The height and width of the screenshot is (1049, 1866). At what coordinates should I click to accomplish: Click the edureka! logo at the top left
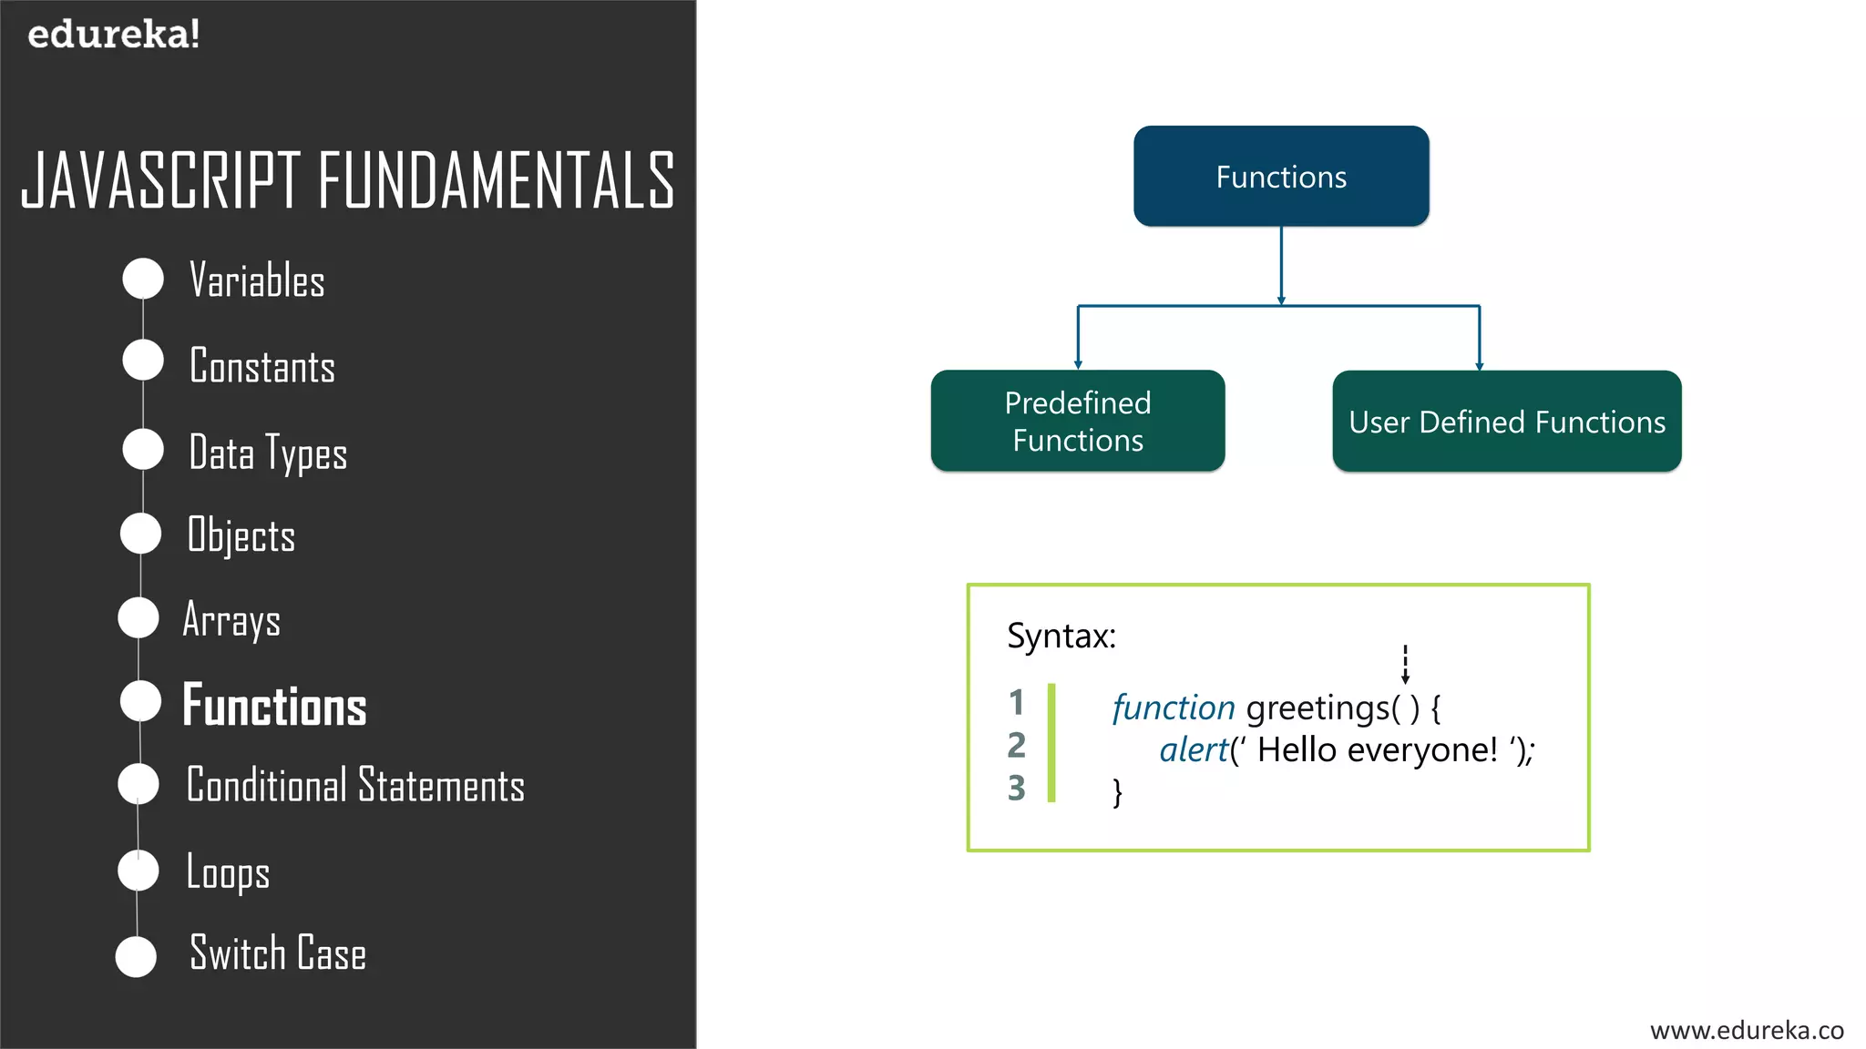[113, 35]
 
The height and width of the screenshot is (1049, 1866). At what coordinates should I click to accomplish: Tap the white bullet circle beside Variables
[143, 279]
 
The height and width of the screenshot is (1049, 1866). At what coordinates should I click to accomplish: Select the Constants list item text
[261, 366]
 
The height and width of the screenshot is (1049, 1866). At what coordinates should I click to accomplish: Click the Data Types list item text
[267, 453]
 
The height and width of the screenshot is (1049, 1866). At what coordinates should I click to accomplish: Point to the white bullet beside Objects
[141, 534]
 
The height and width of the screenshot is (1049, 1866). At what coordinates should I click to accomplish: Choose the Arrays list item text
[231, 620]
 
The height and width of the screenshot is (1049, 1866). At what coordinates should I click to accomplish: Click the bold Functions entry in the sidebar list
[274, 706]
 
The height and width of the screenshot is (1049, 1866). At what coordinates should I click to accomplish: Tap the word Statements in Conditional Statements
[441, 785]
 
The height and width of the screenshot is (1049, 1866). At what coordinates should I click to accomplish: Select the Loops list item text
[228, 871]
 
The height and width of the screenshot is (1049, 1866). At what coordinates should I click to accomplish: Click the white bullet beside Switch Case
[137, 956]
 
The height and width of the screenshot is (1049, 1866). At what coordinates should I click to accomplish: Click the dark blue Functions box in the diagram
[1280, 177]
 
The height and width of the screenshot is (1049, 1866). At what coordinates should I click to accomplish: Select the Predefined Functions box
[1077, 421]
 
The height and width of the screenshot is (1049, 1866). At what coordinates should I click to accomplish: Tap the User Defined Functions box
[1506, 422]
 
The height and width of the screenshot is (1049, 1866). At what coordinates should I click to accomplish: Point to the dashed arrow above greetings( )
[1405, 664]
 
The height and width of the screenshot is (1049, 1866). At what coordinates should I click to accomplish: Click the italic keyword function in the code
[1173, 708]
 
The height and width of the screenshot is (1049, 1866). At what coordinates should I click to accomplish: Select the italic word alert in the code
[1194, 750]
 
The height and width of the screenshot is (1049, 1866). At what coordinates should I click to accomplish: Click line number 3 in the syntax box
[1017, 788]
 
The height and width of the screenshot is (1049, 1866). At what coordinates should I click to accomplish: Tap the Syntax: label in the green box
[1061, 636]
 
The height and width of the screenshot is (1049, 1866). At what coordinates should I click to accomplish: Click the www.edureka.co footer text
[1746, 1030]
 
